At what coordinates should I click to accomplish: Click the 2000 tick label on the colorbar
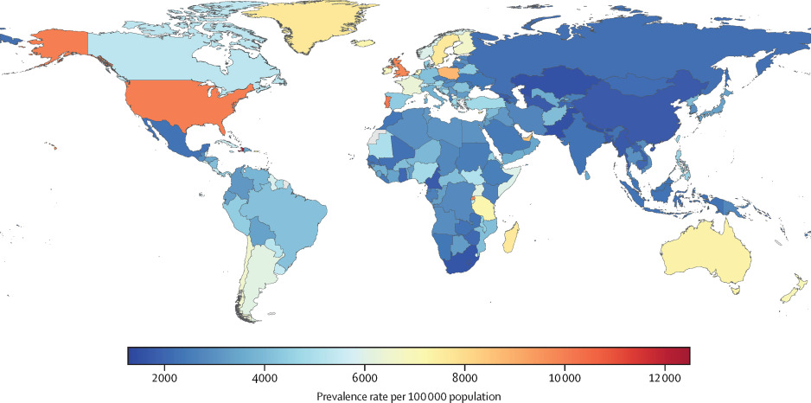[164, 378]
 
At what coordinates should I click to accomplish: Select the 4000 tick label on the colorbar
[265, 378]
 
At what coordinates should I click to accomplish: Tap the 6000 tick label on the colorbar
[364, 378]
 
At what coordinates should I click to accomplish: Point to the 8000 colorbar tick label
[464, 378]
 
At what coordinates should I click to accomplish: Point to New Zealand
[791, 289]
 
